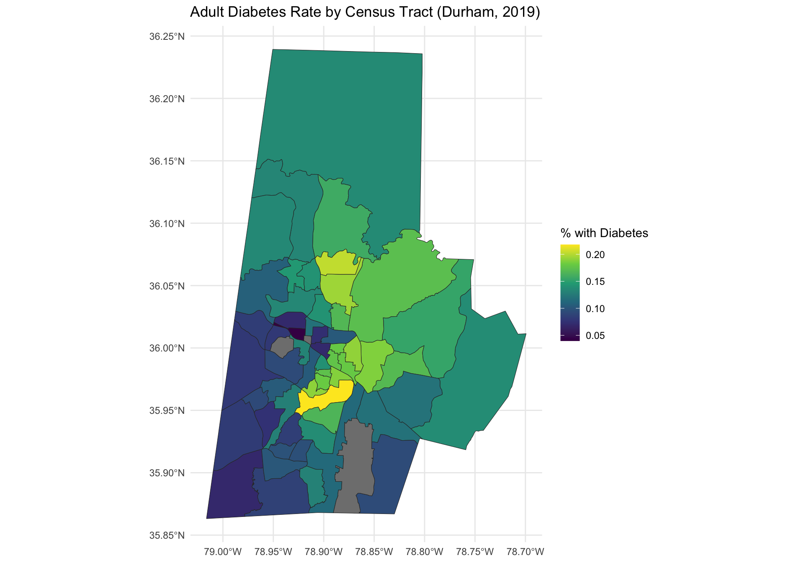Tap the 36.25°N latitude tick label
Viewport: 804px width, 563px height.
point(167,36)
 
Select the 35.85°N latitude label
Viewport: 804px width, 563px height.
point(167,535)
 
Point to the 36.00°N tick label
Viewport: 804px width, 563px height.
point(167,348)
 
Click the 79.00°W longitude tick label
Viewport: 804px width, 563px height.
point(223,551)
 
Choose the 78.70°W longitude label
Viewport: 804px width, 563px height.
point(525,551)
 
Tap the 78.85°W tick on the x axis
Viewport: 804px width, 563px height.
point(374,551)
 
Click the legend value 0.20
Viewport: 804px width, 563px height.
point(595,255)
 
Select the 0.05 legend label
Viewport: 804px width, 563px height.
point(595,336)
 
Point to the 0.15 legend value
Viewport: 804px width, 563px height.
point(595,281)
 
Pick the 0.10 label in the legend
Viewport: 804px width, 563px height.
point(595,309)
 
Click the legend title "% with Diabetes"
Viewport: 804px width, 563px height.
point(604,233)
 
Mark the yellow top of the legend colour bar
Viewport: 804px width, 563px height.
point(570,247)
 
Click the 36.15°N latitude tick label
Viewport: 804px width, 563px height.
point(167,161)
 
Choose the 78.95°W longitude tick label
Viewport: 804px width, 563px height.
point(273,551)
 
